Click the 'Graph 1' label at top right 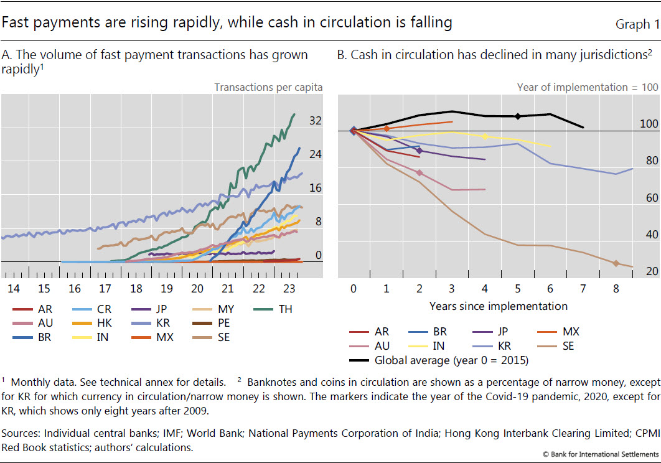click(x=637, y=24)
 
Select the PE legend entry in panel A click(x=215, y=323)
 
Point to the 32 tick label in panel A click(x=316, y=121)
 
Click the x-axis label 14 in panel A click(x=13, y=289)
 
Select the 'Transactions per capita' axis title click(x=268, y=87)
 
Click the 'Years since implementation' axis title click(x=498, y=306)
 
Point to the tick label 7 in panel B click(x=583, y=289)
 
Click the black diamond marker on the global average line click(x=517, y=116)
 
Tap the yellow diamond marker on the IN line click(x=485, y=136)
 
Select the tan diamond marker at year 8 click(x=616, y=263)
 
